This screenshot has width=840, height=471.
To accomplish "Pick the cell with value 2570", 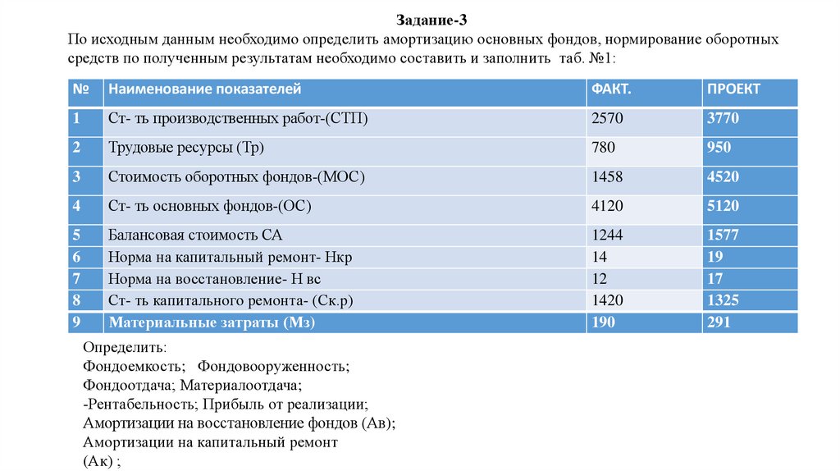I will [x=607, y=119].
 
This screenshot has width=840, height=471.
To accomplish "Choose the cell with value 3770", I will [x=723, y=119].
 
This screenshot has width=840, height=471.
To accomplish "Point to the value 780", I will [x=602, y=149].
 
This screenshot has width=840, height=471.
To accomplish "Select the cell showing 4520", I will [x=723, y=177].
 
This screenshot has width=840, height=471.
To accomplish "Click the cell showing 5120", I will [x=723, y=206].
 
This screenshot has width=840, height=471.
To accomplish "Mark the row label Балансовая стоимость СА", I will [x=189, y=235].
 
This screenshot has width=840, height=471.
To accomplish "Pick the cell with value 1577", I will [x=723, y=235].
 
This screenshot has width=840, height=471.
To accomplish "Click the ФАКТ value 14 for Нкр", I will [x=599, y=258].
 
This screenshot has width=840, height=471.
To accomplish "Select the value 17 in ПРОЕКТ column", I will [x=715, y=279].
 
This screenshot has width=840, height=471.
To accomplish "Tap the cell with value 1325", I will [x=723, y=300].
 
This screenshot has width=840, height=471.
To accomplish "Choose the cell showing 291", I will [x=719, y=322].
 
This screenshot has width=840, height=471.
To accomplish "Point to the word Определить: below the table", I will [x=124, y=348].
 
